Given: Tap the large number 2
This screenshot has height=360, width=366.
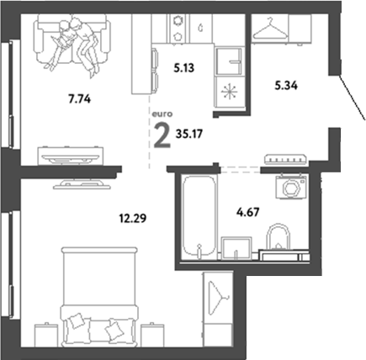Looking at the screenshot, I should [160, 134].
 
